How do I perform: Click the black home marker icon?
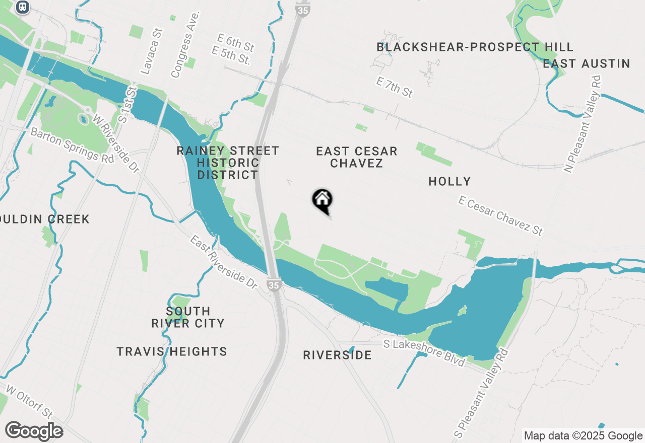[x=322, y=200]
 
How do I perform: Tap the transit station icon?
[x=22, y=7]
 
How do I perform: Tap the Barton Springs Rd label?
[x=72, y=144]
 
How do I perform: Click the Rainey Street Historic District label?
[x=228, y=163]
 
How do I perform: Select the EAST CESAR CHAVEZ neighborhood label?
[x=357, y=157]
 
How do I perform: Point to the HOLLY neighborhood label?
[x=449, y=181]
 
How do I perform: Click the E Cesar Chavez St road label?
[x=501, y=216]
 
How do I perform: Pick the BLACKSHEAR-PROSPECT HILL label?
[x=475, y=47]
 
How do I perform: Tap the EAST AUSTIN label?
[x=586, y=63]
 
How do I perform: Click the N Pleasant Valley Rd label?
[x=583, y=124]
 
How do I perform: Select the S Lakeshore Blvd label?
[x=423, y=353]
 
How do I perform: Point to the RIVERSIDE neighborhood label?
[x=337, y=355]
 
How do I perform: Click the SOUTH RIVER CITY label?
[x=188, y=317]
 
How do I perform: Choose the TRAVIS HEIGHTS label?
[x=172, y=351]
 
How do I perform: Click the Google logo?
[x=34, y=431]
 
